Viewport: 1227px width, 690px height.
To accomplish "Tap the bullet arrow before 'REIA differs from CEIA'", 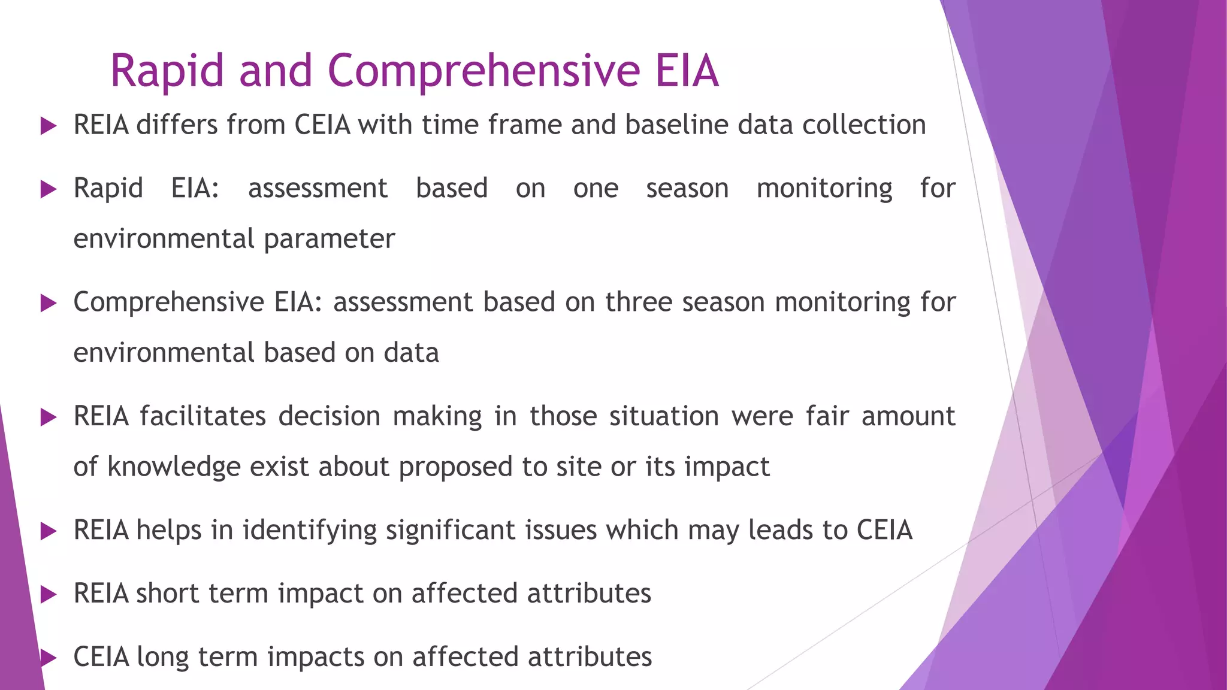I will (x=48, y=126).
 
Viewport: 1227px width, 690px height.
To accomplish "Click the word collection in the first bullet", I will (x=864, y=125).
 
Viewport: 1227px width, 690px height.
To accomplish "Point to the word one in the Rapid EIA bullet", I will (x=596, y=189).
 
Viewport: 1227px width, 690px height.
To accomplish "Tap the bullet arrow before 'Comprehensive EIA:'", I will (x=48, y=303).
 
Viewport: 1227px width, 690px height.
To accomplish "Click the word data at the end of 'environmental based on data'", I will (x=411, y=353).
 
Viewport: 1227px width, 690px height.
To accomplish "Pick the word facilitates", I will (x=203, y=416).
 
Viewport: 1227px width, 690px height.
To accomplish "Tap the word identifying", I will (x=309, y=531).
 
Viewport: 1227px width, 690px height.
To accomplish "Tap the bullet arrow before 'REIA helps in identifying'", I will (x=48, y=531).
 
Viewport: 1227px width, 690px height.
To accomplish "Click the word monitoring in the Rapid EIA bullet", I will (x=824, y=189).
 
